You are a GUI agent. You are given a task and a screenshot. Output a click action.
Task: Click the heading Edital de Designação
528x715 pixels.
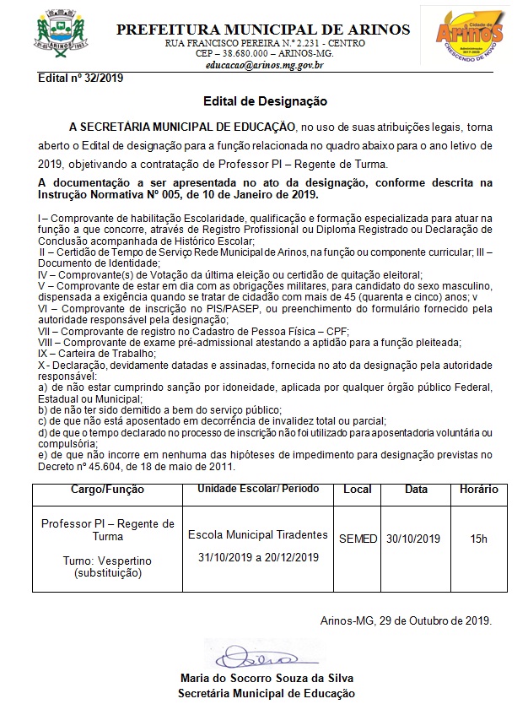click(264, 101)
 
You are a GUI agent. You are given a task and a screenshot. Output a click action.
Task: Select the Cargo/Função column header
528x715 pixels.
click(107, 490)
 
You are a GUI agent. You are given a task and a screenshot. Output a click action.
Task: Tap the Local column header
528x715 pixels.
click(358, 490)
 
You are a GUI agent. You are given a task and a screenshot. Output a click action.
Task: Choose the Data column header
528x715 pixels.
click(416, 490)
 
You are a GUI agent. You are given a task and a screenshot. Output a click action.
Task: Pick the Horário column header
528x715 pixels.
click(478, 490)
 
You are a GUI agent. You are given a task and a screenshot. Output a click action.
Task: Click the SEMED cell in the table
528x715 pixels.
click(358, 539)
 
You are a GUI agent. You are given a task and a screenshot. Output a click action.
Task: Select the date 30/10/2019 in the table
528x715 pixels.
click(413, 539)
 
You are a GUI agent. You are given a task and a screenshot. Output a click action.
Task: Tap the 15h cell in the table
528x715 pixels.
click(478, 539)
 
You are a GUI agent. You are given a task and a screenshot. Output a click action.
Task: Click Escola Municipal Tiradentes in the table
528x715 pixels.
click(257, 535)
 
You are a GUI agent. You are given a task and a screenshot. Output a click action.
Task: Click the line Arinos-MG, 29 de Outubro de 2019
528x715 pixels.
click(406, 620)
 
